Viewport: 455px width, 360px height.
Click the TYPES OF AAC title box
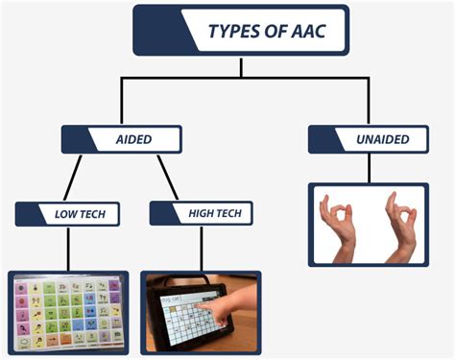point(240,31)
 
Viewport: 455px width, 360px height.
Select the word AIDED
point(135,139)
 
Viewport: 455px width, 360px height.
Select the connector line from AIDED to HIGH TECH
point(169,178)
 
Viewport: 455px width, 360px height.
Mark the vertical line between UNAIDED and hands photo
point(369,168)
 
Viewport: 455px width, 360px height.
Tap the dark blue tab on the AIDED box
point(75,139)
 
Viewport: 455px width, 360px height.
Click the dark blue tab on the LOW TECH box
point(25,213)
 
